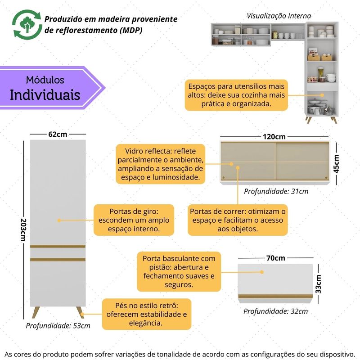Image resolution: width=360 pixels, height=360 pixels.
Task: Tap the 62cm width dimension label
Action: [58, 134]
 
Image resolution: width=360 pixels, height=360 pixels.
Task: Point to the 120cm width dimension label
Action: [274, 136]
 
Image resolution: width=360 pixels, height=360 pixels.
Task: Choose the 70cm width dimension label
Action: [276, 258]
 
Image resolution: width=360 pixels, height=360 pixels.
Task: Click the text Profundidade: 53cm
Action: [58, 326]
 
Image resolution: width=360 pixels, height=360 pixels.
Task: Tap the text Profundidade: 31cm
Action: [276, 191]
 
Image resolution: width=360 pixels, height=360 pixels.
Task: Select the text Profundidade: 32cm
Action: [276, 311]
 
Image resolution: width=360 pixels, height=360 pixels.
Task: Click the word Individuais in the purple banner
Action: [45, 95]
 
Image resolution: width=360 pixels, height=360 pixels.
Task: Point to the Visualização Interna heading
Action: [279, 16]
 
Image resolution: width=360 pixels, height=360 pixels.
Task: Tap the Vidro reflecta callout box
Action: [161, 164]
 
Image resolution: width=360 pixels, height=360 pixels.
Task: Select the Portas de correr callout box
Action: [238, 220]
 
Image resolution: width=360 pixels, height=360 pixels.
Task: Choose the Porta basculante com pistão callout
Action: [179, 272]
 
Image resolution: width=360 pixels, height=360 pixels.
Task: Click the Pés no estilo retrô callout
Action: [147, 314]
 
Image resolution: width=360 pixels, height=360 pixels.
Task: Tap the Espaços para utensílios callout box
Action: [236, 95]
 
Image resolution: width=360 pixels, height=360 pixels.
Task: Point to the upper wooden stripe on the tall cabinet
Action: [58, 246]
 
